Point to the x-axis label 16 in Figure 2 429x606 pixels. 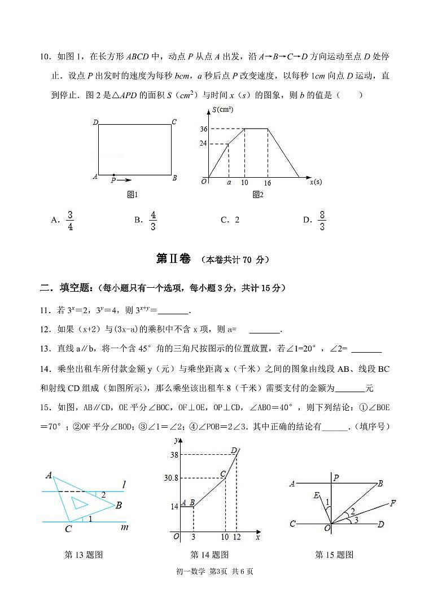click(267, 183)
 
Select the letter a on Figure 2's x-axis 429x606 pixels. click(229, 183)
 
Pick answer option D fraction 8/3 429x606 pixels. click(322, 220)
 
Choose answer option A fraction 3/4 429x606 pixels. click(70, 220)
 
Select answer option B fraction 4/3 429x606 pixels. click(153, 220)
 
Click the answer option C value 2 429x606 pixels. click(237, 220)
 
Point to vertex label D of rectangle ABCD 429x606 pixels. click(95, 122)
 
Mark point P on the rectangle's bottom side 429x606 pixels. click(113, 175)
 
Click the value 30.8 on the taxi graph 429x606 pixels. click(170, 478)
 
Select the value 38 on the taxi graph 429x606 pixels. click(174, 454)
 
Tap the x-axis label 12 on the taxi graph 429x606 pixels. click(237, 537)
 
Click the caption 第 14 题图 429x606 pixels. click(209, 555)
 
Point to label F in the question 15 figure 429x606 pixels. click(393, 503)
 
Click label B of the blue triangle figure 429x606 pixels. click(119, 506)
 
